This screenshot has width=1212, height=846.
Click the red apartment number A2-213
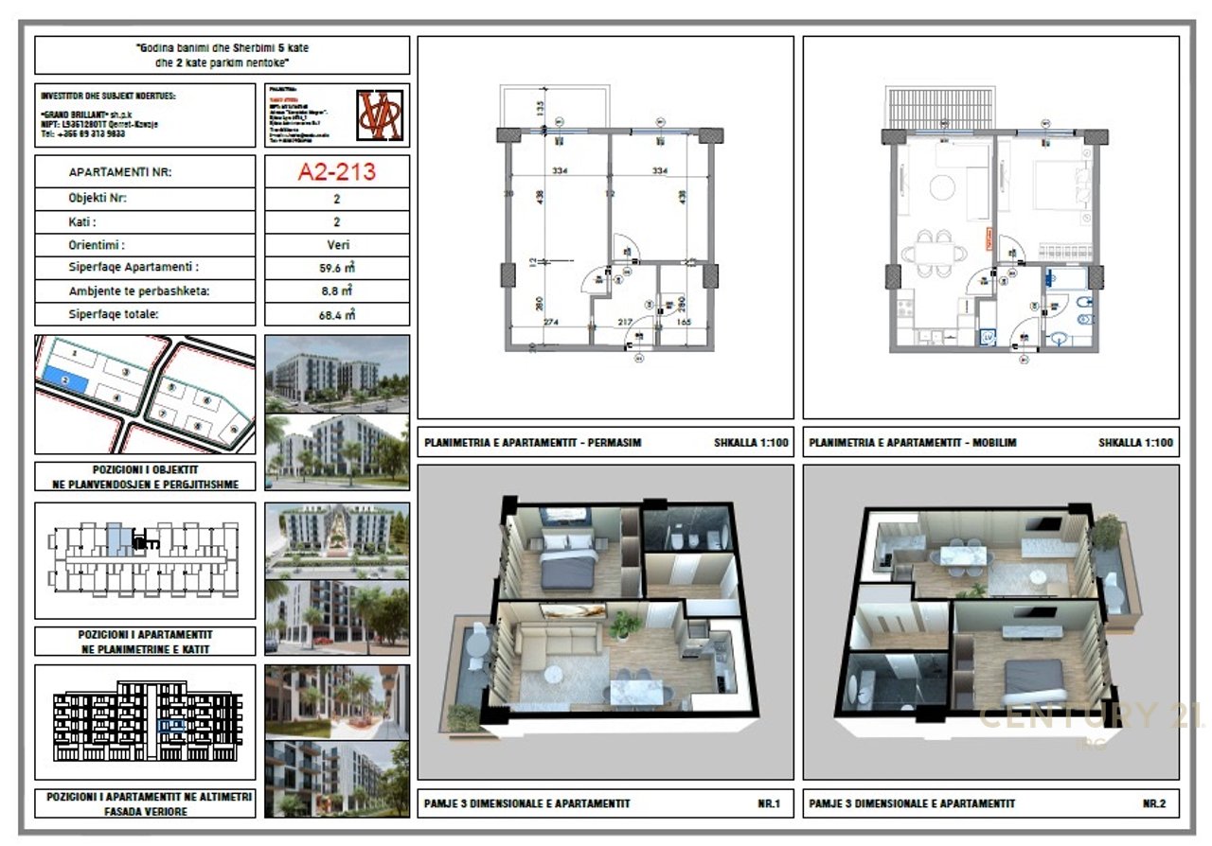pos(336,171)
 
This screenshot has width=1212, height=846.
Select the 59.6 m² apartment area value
pos(336,268)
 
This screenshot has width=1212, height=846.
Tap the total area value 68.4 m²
pos(336,314)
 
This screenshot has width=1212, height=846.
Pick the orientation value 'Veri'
pos(336,245)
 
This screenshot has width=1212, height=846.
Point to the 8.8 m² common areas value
pos(336,291)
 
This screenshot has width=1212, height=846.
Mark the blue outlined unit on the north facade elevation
pos(172,726)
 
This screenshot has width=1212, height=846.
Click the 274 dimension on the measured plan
pos(550,323)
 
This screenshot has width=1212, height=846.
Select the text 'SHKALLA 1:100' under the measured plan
pos(749,442)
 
